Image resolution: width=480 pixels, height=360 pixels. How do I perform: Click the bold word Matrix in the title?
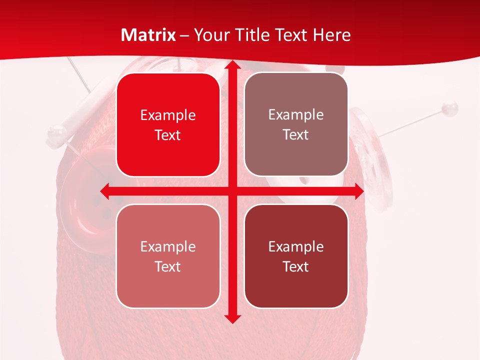[148, 35]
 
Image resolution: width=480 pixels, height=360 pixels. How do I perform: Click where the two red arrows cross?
[232, 191]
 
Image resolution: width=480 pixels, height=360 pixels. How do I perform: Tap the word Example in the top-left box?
[168, 115]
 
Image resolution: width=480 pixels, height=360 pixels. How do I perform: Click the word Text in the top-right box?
[296, 135]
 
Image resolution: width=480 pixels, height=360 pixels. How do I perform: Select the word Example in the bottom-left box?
[168, 246]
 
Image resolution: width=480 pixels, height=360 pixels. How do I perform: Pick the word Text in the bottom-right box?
[296, 266]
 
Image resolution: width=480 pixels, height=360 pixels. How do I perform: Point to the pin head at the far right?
[451, 107]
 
